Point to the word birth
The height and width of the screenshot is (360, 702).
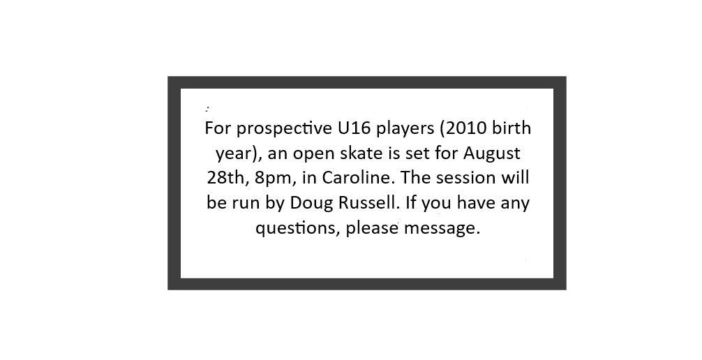tap(511, 128)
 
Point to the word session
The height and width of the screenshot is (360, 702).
tap(465, 178)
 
